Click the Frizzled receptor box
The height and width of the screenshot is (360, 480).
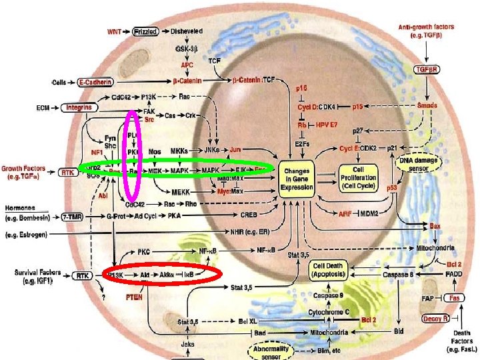(145, 31)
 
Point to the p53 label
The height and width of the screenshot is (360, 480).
(393, 189)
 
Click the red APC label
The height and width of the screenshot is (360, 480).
(187, 65)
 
